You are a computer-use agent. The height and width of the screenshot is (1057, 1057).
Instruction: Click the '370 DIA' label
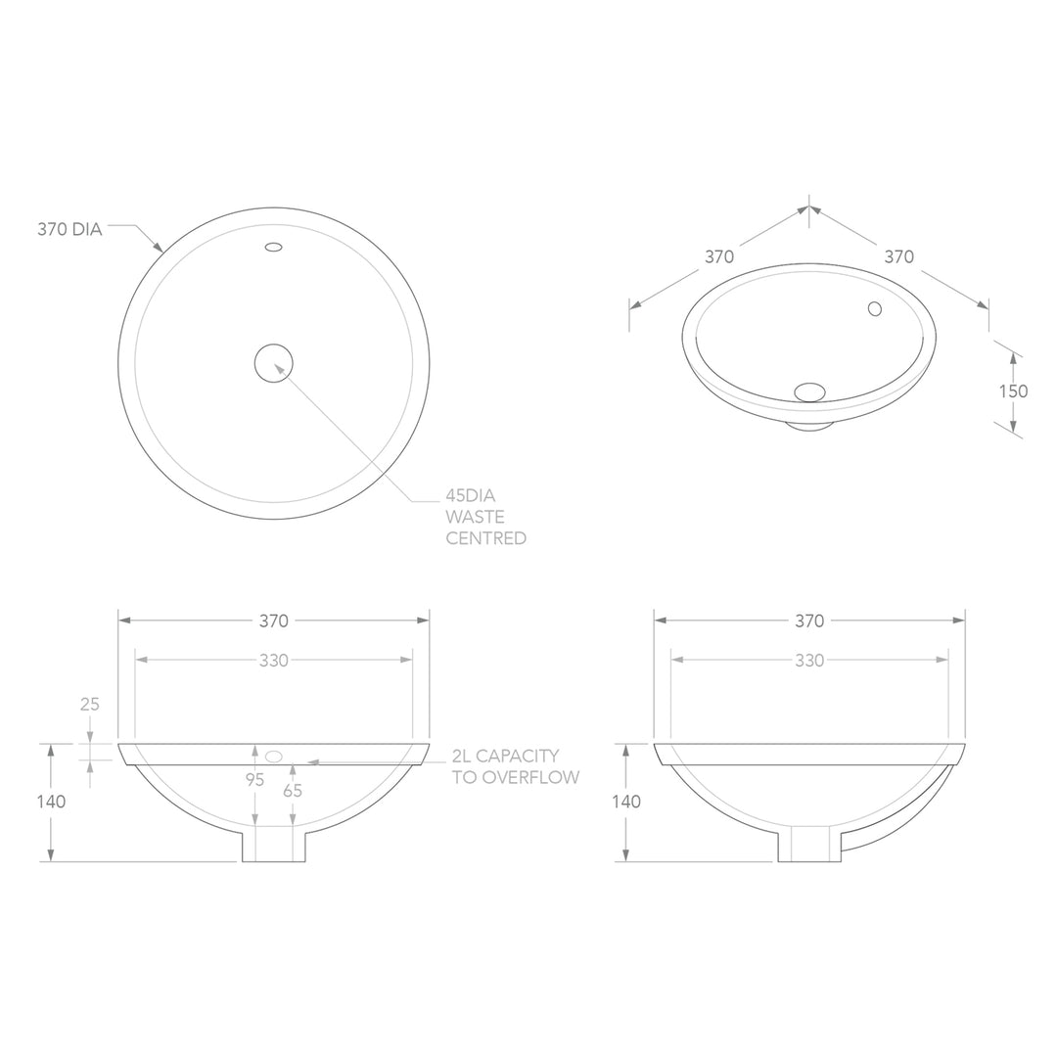coord(69,230)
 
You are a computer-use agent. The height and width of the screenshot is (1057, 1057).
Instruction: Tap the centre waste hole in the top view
coord(274,363)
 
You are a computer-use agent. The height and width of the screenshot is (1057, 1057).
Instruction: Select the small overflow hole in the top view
coord(274,247)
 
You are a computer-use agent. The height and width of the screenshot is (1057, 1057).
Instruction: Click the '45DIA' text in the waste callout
coord(471,495)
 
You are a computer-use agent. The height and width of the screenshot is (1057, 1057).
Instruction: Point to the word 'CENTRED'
coord(486,538)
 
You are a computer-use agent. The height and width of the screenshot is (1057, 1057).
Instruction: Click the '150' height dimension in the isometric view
coord(1013,391)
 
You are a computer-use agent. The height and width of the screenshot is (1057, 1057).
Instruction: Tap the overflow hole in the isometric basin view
coord(875,309)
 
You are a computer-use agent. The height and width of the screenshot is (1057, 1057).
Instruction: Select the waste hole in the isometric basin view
coord(809,391)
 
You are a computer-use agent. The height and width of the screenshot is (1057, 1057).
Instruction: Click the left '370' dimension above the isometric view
coord(719,256)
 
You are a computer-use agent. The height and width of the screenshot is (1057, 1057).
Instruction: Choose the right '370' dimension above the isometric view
coord(898,256)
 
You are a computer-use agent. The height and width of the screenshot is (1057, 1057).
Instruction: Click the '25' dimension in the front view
coord(90,704)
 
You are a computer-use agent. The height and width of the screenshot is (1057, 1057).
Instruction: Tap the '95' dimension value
coord(254,780)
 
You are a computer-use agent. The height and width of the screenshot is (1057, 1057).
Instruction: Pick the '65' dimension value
coord(293,791)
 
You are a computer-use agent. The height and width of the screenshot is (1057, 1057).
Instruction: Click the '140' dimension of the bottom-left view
coord(51,802)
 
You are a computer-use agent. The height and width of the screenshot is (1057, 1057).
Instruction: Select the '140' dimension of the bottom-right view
coord(626,802)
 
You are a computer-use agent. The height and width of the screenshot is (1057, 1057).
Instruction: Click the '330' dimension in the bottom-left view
coord(274,661)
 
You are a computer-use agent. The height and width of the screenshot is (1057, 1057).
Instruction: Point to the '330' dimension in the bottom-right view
coord(809,661)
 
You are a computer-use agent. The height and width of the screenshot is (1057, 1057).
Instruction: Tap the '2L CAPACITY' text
coord(505,756)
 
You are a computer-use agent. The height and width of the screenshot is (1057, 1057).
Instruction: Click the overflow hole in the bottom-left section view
coord(274,756)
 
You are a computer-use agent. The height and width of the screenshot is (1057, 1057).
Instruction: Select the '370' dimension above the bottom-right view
coord(809,620)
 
